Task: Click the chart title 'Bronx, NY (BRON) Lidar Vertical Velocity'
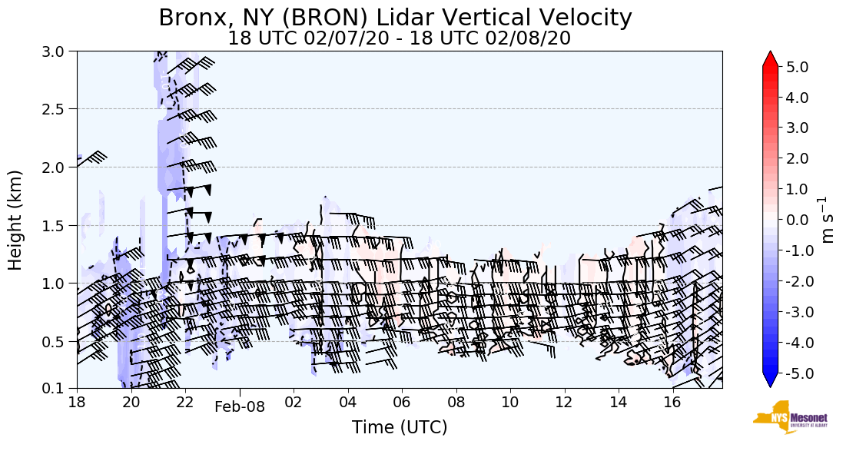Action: point(395,18)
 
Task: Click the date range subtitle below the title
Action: point(399,38)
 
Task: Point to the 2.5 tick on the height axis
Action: point(58,109)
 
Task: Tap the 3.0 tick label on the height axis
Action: point(58,51)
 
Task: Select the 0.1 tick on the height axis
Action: point(58,388)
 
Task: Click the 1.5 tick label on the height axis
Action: point(58,225)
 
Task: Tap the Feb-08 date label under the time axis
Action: point(240,407)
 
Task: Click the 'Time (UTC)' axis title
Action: point(400,427)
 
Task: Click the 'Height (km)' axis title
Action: point(16,220)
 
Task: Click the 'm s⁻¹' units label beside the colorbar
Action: point(828,220)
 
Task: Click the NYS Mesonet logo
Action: point(789,417)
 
